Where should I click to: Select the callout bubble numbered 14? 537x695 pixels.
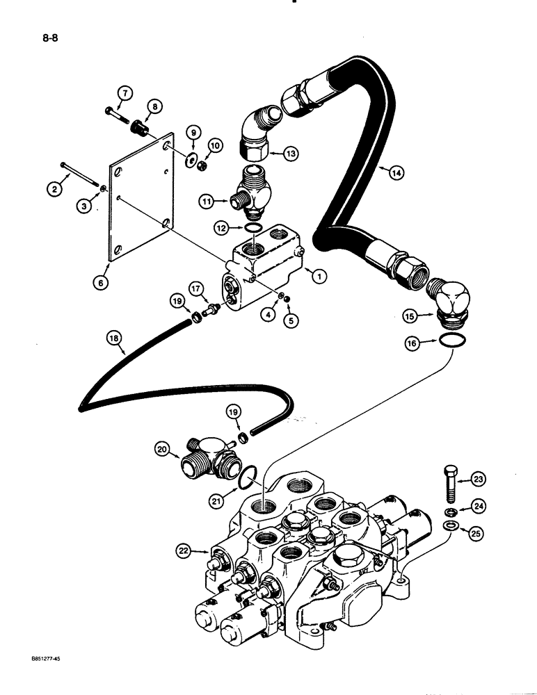pos(397,174)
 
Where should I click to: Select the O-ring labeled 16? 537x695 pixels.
pos(449,341)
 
